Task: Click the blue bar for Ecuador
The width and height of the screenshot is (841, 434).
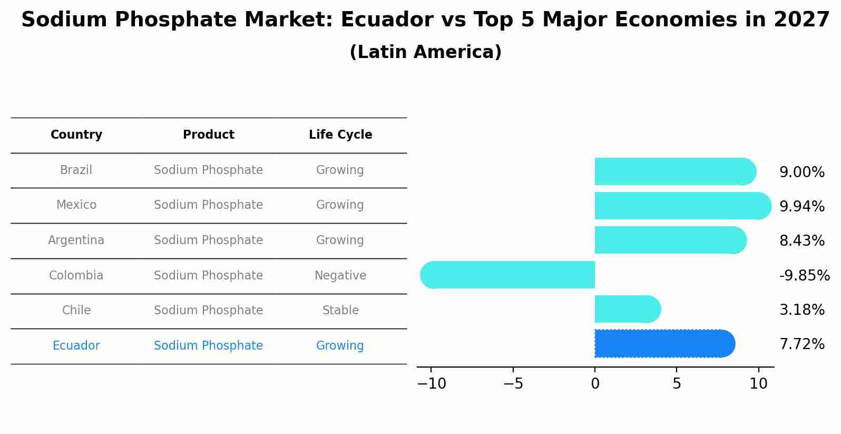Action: coord(664,344)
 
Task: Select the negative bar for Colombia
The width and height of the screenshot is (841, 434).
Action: coord(508,275)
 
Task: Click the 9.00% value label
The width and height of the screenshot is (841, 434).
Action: coord(801,172)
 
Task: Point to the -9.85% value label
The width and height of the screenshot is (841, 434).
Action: coord(804,276)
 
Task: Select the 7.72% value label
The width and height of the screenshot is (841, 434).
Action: coord(801,344)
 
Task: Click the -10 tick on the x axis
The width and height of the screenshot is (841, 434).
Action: coord(432,384)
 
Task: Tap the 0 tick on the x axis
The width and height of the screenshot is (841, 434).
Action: coord(595,384)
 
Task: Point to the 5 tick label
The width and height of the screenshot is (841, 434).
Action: coord(677,384)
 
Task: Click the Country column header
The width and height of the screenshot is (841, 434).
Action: coord(76,135)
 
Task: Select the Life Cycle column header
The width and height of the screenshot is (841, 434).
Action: coord(340,135)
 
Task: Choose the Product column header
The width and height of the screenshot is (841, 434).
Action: coord(208,135)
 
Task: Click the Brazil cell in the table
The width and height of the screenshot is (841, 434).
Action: coord(76,170)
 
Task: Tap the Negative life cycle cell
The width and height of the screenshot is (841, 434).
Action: coord(340,276)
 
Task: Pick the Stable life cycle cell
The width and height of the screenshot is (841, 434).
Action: coord(340,311)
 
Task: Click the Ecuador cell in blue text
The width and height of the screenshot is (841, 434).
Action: coord(76,346)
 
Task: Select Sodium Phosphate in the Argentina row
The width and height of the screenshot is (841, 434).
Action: coord(208,240)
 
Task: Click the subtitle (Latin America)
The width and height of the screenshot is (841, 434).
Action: coord(425,52)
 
